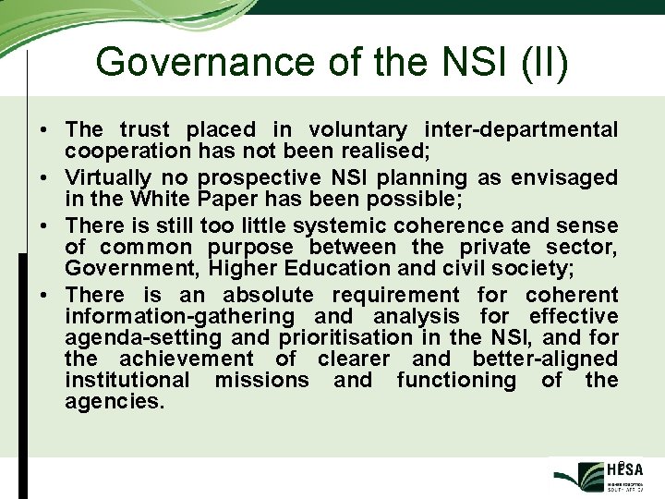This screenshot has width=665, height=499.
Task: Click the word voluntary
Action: click(357, 130)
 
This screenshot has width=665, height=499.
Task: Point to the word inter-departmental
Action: click(520, 130)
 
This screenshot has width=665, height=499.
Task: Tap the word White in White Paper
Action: click(157, 199)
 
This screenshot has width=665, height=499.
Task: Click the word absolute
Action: click(268, 295)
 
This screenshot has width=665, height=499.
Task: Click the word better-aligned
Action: click(545, 359)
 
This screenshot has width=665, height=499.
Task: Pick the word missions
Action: click(261, 380)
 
